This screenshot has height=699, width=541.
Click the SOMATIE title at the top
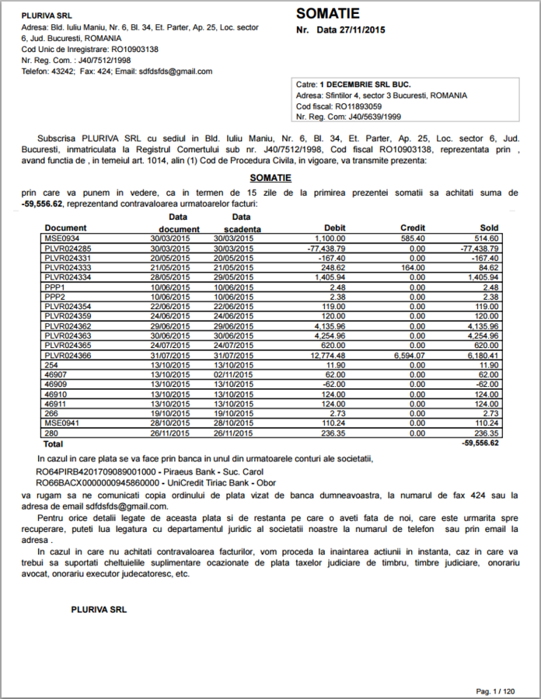[x=328, y=14]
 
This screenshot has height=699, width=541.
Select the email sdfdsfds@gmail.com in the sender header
[x=176, y=71]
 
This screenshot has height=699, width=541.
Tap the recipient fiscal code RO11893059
[x=358, y=106]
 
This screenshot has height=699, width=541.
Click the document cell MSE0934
[x=58, y=238]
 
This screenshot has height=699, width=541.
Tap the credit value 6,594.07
[x=409, y=355]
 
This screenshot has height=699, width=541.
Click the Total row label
[x=54, y=444]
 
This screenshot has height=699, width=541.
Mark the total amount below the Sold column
[x=480, y=443]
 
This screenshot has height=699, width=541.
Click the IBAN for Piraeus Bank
[x=97, y=471]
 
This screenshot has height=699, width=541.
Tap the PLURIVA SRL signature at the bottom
[x=98, y=609]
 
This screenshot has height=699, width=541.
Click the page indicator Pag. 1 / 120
[x=494, y=690]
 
